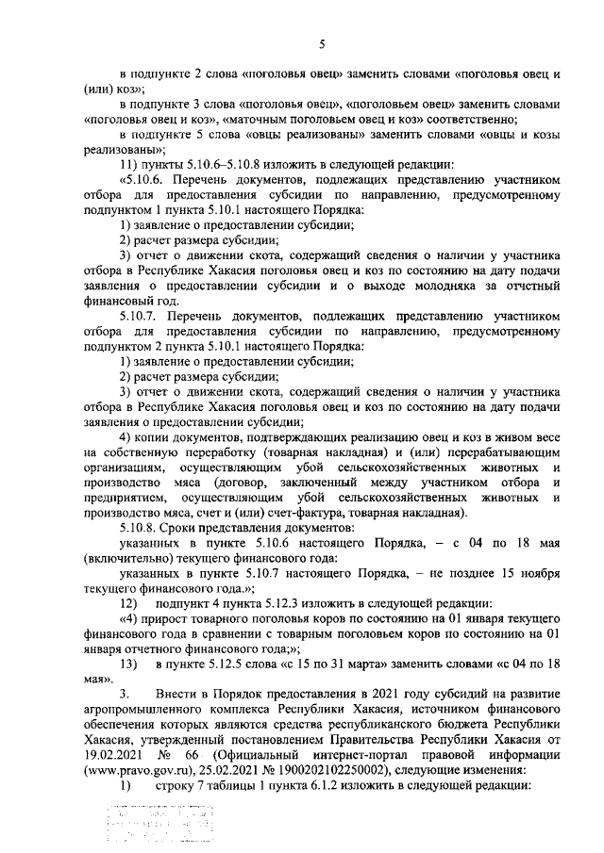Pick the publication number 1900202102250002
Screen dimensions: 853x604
coord(288,771)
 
